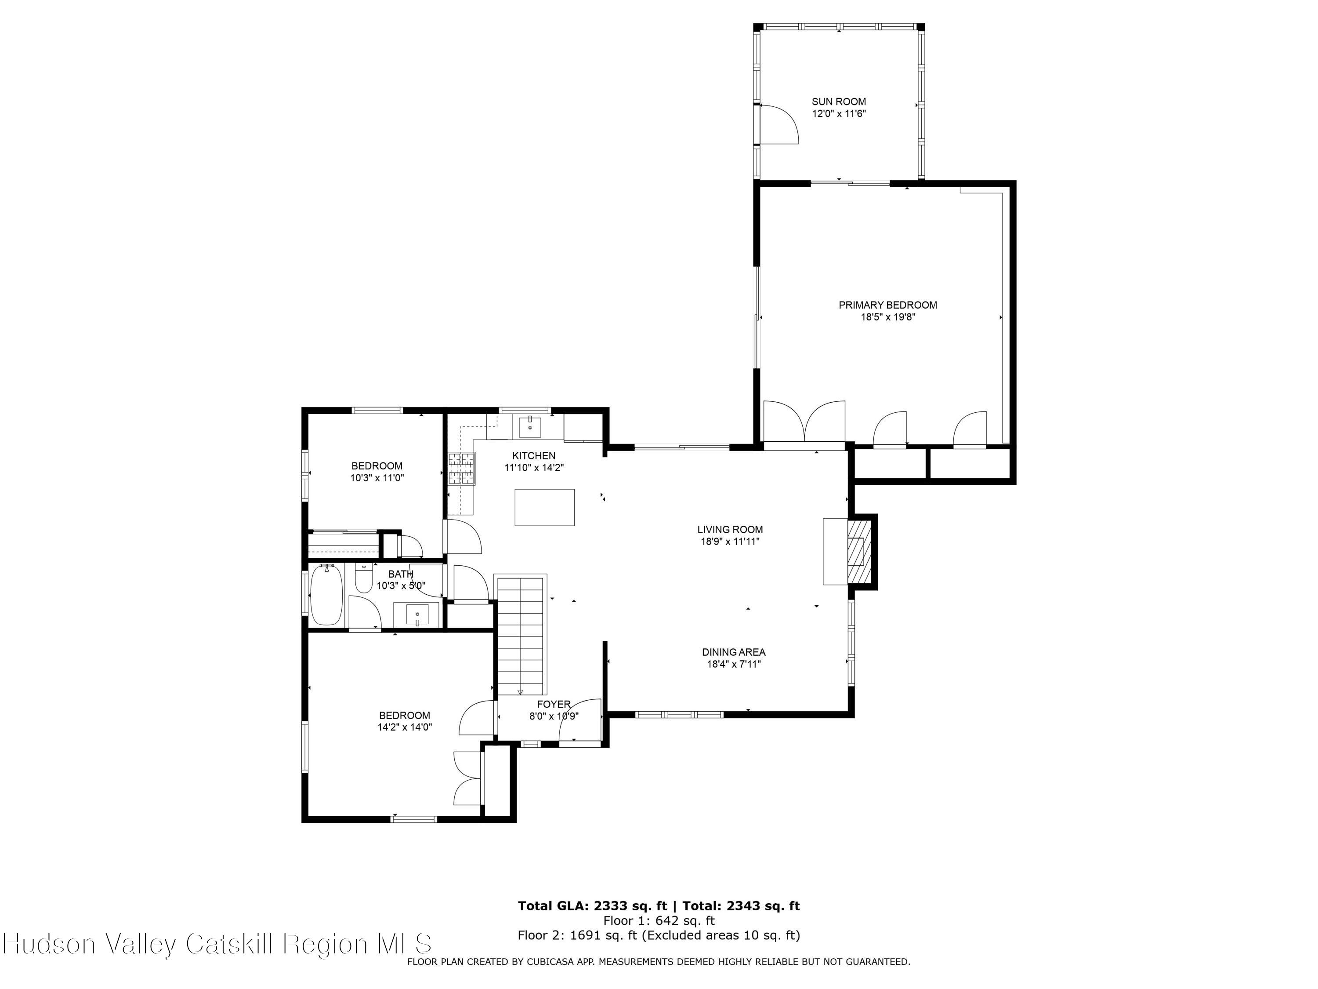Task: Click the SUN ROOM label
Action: [838, 102]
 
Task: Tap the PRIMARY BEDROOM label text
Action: [887, 305]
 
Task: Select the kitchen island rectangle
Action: [544, 507]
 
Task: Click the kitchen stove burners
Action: [462, 469]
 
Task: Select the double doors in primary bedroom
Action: [804, 422]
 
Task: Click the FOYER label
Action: [554, 705]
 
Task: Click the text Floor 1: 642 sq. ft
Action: [659, 920]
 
